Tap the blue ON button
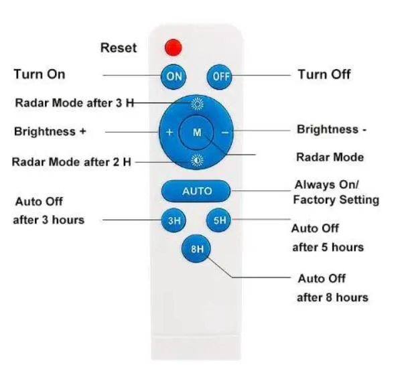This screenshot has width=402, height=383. click(174, 76)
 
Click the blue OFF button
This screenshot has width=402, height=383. click(220, 76)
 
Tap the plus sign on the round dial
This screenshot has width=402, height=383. click(170, 132)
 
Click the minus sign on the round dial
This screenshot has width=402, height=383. click(225, 133)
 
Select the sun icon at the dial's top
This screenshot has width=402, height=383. click(197, 104)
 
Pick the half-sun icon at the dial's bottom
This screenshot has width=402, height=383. click(197, 161)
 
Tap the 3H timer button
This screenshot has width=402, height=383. click(174, 220)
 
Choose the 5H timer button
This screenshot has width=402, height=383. click(219, 220)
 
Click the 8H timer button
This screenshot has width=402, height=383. click(196, 248)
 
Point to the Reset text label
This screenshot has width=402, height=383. click(119, 48)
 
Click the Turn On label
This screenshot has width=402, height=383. click(40, 74)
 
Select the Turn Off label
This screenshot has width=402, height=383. click(324, 74)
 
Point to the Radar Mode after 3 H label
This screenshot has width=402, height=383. click(74, 103)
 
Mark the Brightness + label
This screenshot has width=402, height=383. click(50, 131)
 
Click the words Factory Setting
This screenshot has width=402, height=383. click(336, 200)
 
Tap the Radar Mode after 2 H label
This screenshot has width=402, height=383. click(72, 162)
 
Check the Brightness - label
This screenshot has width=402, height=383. click(332, 129)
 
